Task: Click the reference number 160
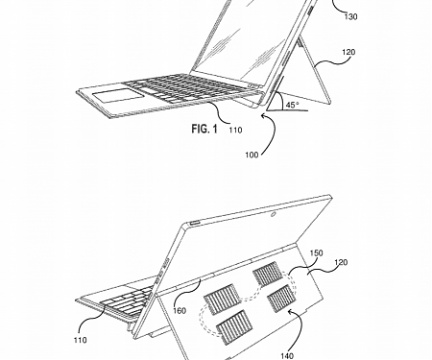pos(179,309)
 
